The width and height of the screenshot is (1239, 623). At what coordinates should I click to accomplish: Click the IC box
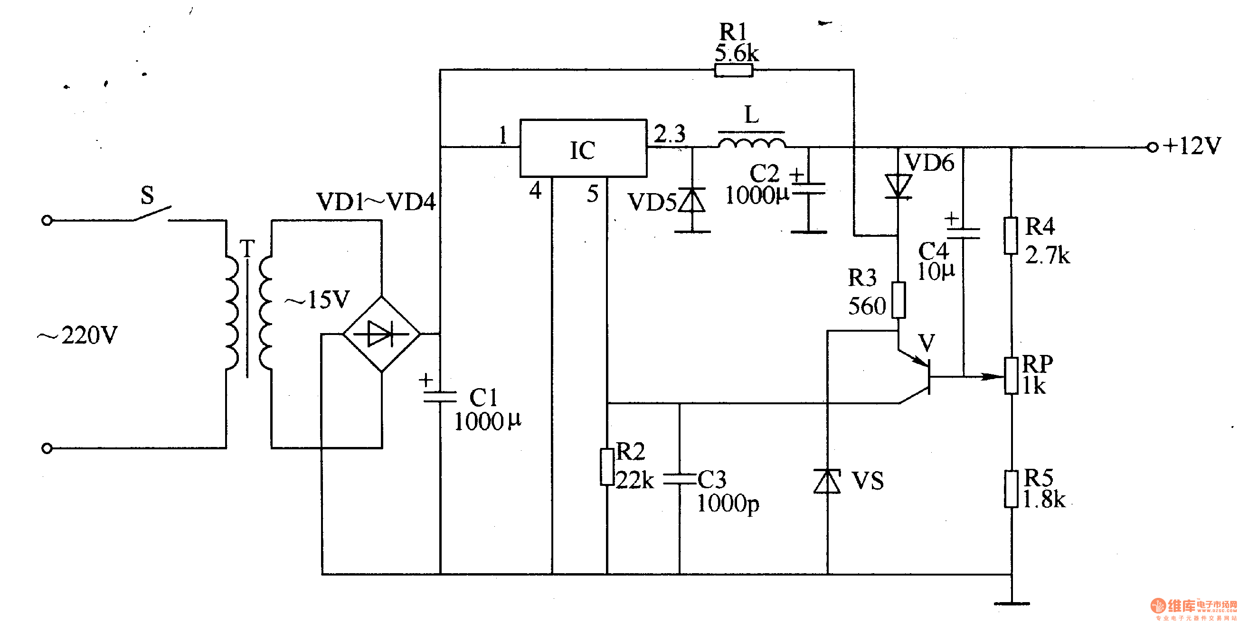tap(583, 149)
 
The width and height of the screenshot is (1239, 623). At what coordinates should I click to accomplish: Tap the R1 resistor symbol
tap(734, 71)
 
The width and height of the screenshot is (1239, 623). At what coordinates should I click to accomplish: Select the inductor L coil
tap(752, 143)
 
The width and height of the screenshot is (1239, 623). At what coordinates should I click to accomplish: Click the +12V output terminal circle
tap(1153, 148)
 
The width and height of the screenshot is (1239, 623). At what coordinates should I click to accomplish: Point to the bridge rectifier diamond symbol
tap(381, 334)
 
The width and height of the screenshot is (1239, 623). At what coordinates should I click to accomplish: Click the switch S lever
tap(151, 214)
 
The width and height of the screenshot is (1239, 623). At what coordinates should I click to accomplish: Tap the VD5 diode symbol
tap(692, 200)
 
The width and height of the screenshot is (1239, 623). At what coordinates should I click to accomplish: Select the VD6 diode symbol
tap(898, 186)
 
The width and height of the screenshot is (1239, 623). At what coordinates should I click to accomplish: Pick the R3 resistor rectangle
tap(898, 300)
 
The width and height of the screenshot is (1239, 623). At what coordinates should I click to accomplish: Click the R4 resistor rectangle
tap(1011, 235)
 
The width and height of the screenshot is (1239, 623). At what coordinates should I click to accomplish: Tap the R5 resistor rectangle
tap(1011, 489)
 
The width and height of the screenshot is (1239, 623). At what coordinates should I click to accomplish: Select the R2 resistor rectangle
tap(607, 467)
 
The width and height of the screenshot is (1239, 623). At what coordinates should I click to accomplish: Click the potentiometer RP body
tap(1011, 376)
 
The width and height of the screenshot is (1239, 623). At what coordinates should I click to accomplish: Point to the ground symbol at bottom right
tap(1012, 603)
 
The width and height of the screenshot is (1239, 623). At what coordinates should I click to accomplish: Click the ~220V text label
tap(78, 335)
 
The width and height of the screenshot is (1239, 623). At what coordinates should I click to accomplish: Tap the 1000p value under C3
tap(728, 504)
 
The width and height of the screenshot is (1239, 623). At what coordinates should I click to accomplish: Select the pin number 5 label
tap(593, 194)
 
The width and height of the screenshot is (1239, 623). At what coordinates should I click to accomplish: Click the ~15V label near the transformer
tap(318, 300)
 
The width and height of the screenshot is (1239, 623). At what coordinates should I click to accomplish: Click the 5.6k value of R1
tap(737, 53)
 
